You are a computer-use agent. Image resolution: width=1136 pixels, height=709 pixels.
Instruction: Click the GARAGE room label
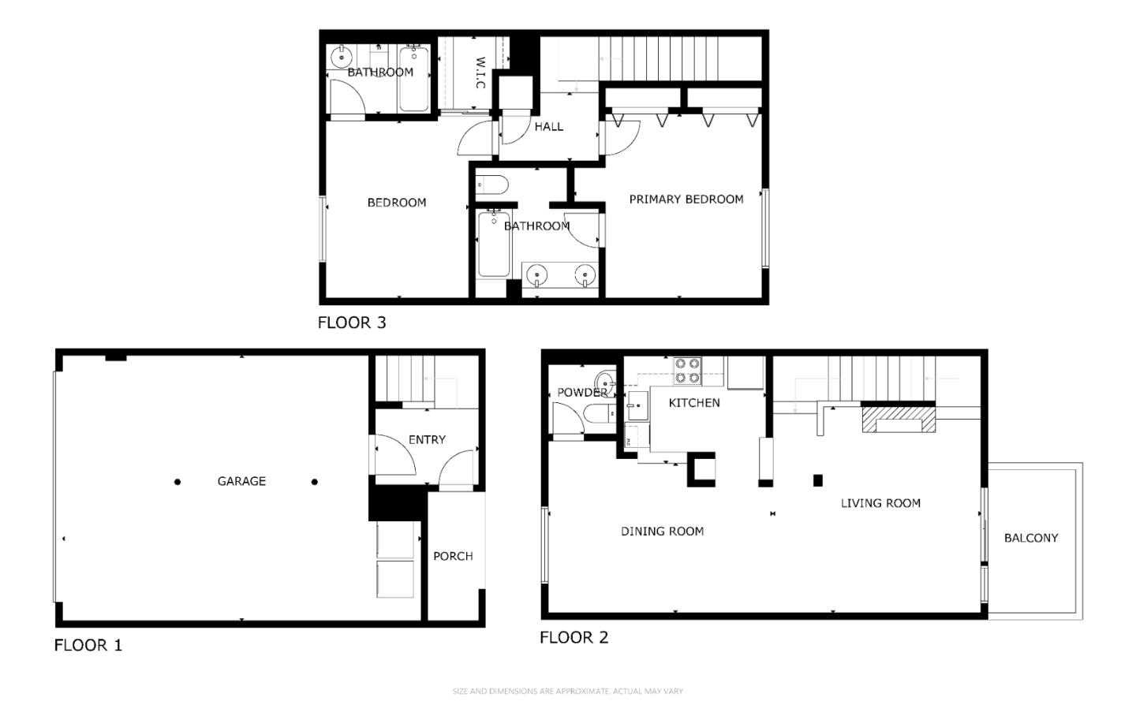pyautogui.click(x=241, y=481)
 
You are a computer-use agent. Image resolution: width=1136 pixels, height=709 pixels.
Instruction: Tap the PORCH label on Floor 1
pyautogui.click(x=453, y=556)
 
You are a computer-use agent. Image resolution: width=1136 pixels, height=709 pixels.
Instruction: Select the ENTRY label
pyautogui.click(x=427, y=440)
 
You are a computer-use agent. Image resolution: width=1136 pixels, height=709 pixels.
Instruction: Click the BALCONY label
pyautogui.click(x=1031, y=538)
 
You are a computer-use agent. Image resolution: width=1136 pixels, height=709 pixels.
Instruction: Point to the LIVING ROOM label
pyautogui.click(x=880, y=503)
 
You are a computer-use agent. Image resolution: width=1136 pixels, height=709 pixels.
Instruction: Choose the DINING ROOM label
pyautogui.click(x=662, y=532)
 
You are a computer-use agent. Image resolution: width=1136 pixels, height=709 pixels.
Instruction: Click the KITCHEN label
pyautogui.click(x=694, y=403)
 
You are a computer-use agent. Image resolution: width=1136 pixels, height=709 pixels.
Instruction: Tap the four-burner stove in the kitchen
pyautogui.click(x=688, y=371)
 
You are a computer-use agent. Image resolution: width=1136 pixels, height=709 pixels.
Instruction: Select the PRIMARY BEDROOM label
pyautogui.click(x=686, y=200)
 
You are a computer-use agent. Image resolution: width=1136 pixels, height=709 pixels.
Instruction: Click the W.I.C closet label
pyautogui.click(x=480, y=72)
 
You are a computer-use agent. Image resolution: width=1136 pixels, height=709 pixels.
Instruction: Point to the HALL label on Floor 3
pyautogui.click(x=549, y=126)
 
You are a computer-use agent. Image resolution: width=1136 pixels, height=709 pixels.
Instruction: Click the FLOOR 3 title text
pyautogui.click(x=352, y=323)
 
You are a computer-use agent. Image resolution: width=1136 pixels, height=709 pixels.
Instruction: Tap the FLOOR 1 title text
pyautogui.click(x=88, y=645)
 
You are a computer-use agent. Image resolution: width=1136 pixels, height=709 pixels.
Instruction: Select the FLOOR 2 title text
pyautogui.click(x=574, y=637)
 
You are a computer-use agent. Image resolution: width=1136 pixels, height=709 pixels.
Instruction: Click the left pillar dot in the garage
pyautogui.click(x=177, y=482)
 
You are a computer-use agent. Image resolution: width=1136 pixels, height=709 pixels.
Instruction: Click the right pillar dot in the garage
pyautogui.click(x=315, y=482)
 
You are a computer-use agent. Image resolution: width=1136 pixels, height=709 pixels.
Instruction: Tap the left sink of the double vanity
pyautogui.click(x=536, y=275)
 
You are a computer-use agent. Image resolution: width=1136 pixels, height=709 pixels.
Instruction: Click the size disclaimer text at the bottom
pyautogui.click(x=567, y=692)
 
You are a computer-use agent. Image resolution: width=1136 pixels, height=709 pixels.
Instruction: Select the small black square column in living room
pyautogui.click(x=818, y=480)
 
